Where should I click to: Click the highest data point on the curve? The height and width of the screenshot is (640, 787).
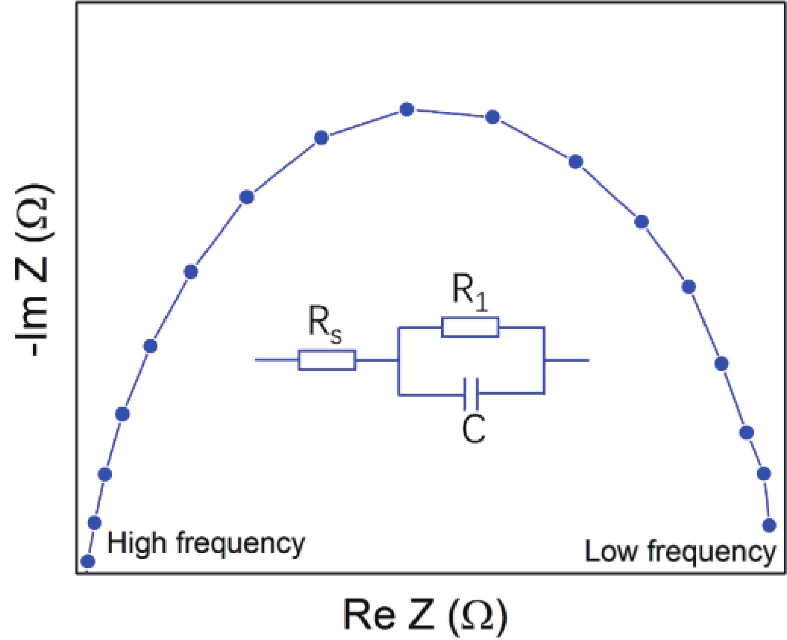pyautogui.click(x=407, y=109)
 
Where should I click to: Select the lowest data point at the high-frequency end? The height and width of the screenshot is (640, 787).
pyautogui.click(x=88, y=561)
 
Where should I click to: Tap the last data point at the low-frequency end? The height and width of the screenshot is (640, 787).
pyautogui.click(x=769, y=525)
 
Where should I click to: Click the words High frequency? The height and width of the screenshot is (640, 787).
pyautogui.click(x=205, y=544)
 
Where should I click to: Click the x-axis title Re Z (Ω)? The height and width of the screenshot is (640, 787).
pyautogui.click(x=425, y=614)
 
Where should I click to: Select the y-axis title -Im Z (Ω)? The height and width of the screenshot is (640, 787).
pyautogui.click(x=33, y=270)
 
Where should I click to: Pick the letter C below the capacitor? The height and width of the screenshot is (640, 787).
pyautogui.click(x=473, y=429)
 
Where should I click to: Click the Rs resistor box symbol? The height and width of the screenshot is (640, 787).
pyautogui.click(x=327, y=360)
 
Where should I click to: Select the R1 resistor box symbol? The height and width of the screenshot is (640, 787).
pyautogui.click(x=470, y=327)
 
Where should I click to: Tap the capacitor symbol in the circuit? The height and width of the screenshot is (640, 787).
pyautogui.click(x=471, y=394)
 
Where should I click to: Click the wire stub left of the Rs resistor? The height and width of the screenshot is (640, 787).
pyautogui.click(x=276, y=360)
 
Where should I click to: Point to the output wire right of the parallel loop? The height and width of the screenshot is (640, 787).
pyautogui.click(x=567, y=360)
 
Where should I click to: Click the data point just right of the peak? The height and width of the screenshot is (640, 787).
pyautogui.click(x=493, y=117)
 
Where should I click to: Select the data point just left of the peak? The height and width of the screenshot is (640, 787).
pyautogui.click(x=321, y=137)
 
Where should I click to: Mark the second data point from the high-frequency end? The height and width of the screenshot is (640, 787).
pyautogui.click(x=94, y=523)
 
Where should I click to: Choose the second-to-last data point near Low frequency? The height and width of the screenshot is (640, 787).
pyautogui.click(x=764, y=473)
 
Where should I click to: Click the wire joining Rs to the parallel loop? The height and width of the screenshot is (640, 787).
pyautogui.click(x=377, y=360)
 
